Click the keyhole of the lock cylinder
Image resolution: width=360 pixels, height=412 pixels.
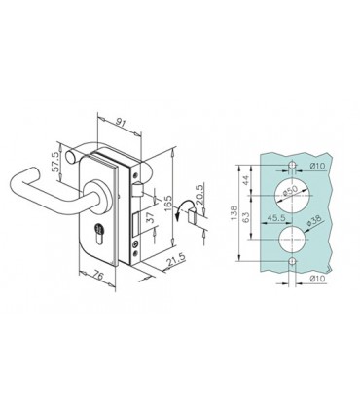coord(99,233)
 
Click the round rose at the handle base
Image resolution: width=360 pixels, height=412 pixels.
coord(100,197)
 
